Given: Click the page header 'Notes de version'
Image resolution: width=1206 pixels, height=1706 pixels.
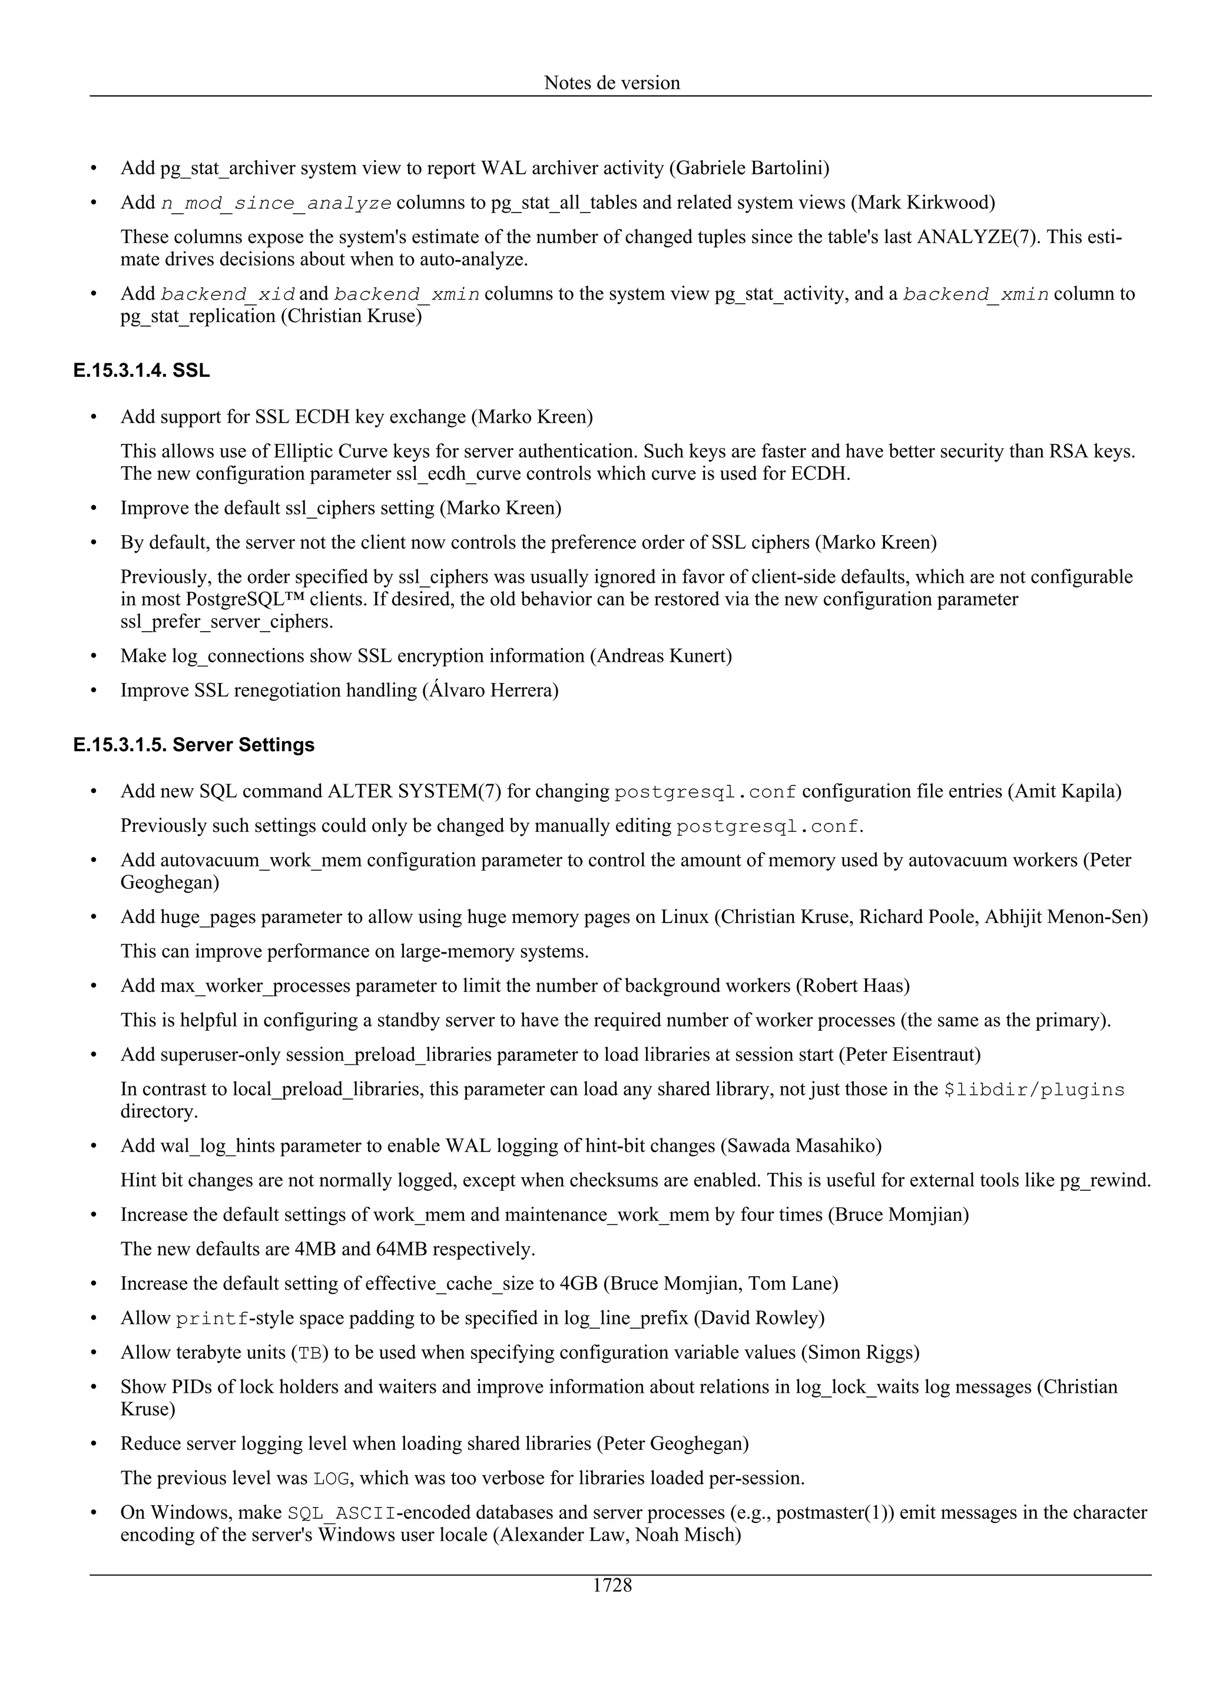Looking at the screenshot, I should pyautogui.click(x=612, y=82).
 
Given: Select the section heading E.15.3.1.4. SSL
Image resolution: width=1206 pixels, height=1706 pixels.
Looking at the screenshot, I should pyautogui.click(x=141, y=370).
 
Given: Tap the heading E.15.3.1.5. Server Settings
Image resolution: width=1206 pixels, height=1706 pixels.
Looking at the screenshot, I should pyautogui.click(x=194, y=745).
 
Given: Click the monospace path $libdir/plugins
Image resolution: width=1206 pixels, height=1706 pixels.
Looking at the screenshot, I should pyautogui.click(x=1033, y=1090).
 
